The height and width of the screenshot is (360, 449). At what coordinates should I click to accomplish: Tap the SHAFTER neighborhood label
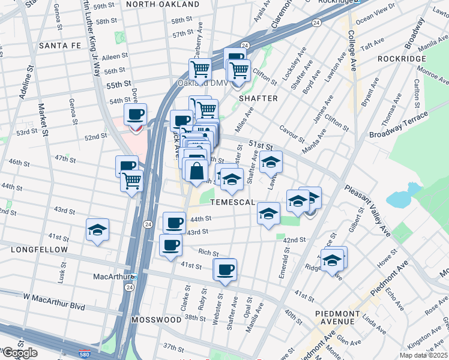click(x=258, y=98)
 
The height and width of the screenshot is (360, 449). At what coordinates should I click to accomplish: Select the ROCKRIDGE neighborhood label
click(x=402, y=59)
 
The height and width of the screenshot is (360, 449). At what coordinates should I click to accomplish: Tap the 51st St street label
click(x=261, y=146)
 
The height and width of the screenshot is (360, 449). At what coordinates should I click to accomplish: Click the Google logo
click(x=20, y=353)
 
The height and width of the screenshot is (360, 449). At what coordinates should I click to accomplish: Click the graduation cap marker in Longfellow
click(x=97, y=230)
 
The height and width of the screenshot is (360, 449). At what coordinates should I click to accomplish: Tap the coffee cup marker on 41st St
click(x=225, y=269)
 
